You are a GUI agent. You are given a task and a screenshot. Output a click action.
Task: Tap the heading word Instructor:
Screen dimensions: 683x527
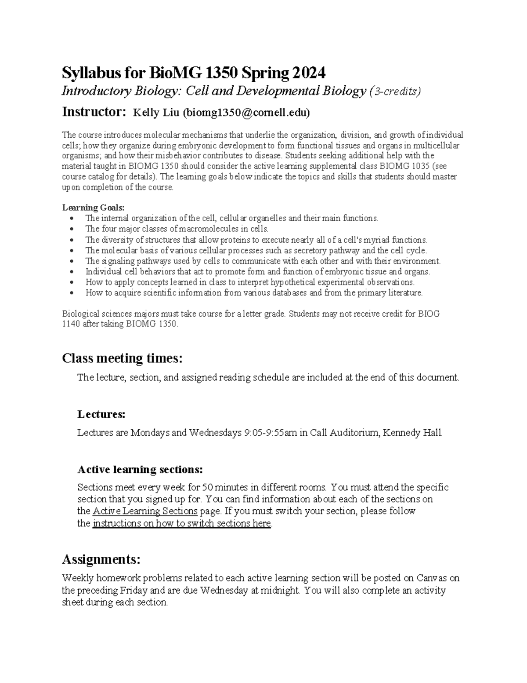[x=94, y=112]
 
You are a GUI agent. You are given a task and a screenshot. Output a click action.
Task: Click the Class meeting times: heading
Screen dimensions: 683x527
[x=122, y=358]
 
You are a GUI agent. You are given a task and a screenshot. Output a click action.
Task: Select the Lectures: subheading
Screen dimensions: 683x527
[x=101, y=414]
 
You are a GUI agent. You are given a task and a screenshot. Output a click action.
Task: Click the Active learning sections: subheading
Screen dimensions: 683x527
[x=140, y=470]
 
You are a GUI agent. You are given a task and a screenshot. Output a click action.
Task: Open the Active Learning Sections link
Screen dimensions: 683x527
[x=145, y=511]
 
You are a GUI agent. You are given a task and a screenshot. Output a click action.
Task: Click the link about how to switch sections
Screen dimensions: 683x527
[x=182, y=524]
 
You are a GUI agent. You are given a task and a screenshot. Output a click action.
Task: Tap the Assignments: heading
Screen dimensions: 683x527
[x=101, y=559]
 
